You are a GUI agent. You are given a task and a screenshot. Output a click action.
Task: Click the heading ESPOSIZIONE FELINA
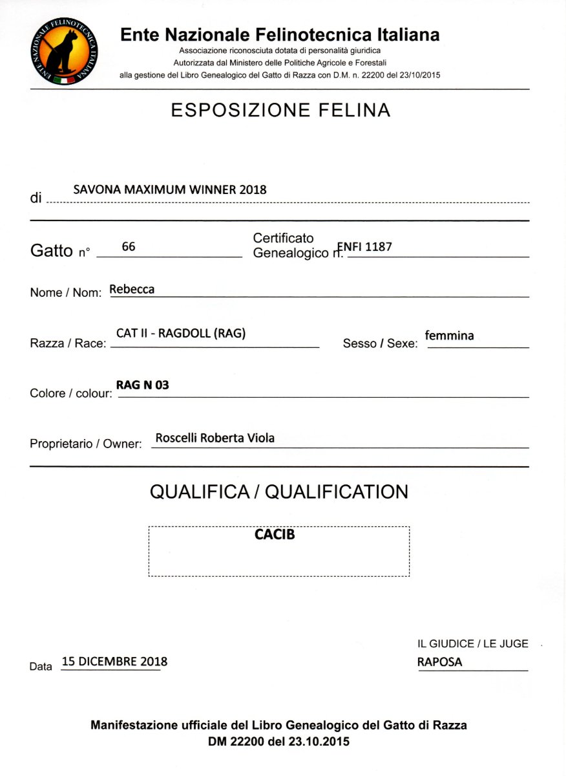tap(280, 111)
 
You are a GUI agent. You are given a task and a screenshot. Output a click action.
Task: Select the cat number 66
tap(128, 246)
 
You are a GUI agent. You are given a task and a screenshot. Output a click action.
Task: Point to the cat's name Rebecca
tap(132, 289)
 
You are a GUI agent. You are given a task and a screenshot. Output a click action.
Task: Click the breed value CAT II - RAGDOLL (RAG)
tap(181, 334)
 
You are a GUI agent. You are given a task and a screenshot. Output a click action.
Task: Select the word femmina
tap(450, 336)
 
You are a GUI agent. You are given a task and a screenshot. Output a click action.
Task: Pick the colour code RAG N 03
tap(142, 385)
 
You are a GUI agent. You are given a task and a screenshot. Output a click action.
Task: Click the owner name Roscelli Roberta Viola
tap(215, 438)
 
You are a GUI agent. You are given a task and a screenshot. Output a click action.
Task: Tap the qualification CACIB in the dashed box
tap(275, 535)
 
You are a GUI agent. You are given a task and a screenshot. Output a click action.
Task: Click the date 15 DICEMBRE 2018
tap(114, 662)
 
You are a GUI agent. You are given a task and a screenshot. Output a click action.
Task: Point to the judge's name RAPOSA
tap(440, 662)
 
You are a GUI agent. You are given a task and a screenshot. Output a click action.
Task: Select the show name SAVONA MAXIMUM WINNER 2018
tap(170, 189)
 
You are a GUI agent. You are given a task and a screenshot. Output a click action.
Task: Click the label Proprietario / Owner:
tap(86, 444)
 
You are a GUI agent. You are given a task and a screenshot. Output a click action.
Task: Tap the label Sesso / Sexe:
tap(380, 343)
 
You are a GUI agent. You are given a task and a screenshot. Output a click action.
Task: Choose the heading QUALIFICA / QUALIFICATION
tap(279, 492)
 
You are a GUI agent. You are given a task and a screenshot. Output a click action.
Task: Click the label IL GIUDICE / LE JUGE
tap(473, 643)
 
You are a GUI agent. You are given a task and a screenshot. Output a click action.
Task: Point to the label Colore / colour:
tap(70, 393)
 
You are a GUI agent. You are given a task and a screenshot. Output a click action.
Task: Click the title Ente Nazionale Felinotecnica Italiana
tap(280, 34)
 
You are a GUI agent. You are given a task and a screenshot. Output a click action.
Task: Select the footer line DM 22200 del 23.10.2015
tap(278, 742)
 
